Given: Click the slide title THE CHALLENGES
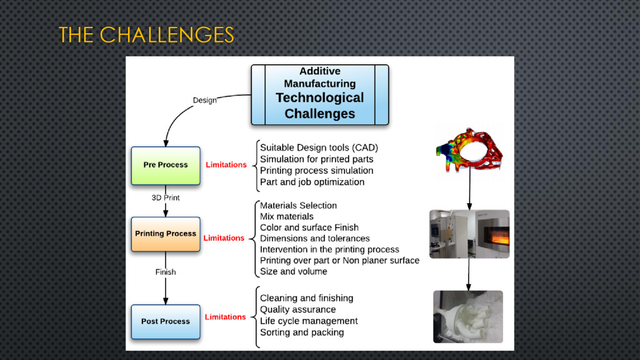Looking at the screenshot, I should point(146,35).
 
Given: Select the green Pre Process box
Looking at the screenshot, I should point(166,165).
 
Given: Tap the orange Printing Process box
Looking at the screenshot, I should point(166,234).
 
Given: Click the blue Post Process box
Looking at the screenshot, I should point(166,321).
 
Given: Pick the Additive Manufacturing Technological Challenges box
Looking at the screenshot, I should point(319,94).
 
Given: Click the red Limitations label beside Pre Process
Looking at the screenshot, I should point(226,165).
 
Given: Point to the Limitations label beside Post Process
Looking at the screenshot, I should point(225,317).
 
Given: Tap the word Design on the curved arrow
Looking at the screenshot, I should point(204,100).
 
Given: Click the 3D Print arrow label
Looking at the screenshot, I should point(166,197).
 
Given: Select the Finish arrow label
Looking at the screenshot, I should point(166,272).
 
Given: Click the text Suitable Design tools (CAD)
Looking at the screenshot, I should point(319,147).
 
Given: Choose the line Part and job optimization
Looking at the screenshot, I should point(312,182).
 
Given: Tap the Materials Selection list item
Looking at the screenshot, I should point(298,205).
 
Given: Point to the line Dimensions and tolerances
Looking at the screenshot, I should point(314,238).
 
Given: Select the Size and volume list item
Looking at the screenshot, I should point(293,271).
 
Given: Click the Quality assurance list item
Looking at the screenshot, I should point(297,309).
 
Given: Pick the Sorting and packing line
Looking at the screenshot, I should point(302,332).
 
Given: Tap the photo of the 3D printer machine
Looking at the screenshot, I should point(469,234).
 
